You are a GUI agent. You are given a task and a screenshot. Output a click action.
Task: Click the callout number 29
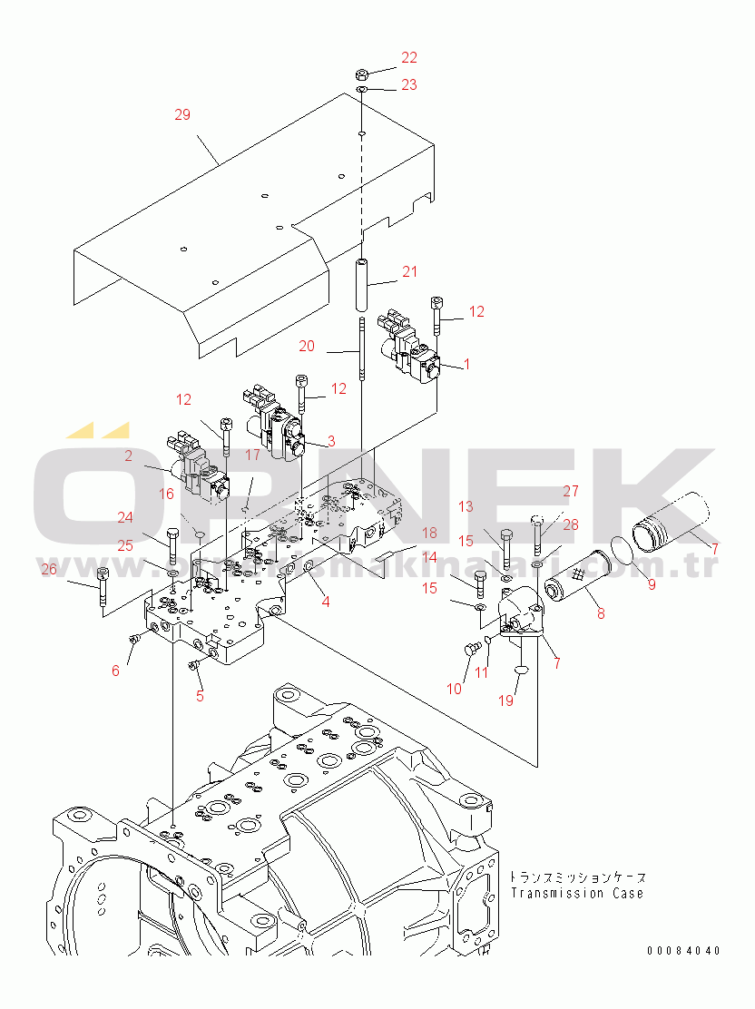click(x=182, y=115)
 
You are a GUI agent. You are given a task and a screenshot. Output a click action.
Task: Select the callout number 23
click(x=409, y=84)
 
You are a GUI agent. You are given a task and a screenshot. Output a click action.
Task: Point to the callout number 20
click(x=307, y=346)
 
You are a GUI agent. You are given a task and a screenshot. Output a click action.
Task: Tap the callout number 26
click(x=48, y=570)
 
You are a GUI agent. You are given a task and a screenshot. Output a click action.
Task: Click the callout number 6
click(x=115, y=671)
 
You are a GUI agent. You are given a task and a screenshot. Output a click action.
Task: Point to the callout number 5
click(x=200, y=696)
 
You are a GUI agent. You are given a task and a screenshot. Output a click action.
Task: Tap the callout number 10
click(x=454, y=689)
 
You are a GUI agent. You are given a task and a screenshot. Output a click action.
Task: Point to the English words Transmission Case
click(x=576, y=893)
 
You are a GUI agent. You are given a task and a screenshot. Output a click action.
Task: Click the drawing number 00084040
click(x=684, y=951)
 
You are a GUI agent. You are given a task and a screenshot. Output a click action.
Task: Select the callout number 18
click(x=428, y=533)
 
